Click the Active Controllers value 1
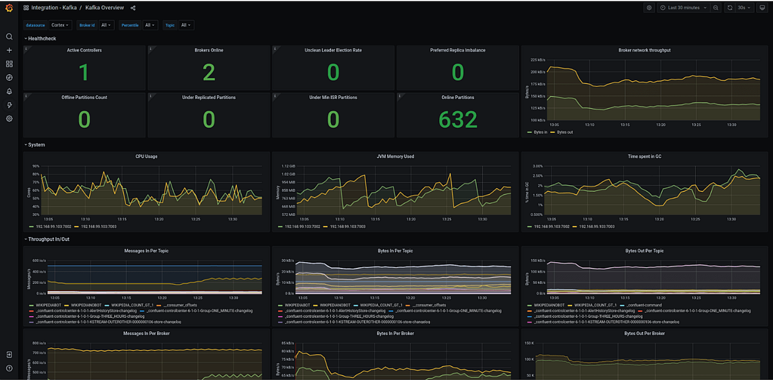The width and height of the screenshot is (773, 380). click(x=84, y=72)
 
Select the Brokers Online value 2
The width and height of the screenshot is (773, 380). click(x=209, y=72)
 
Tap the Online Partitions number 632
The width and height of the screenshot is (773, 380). click(x=457, y=119)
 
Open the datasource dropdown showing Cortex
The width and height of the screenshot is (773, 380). click(x=61, y=25)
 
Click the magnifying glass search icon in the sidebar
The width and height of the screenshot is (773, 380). click(x=9, y=37)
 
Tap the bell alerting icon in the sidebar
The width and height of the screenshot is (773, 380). click(x=9, y=91)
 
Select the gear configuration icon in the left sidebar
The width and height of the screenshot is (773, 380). click(x=9, y=119)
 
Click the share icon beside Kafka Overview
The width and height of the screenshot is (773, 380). click(x=133, y=8)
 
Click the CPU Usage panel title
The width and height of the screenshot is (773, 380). click(x=146, y=156)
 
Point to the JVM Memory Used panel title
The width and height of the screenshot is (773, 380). click(x=395, y=156)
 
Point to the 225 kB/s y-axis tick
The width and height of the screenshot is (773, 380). click(x=539, y=59)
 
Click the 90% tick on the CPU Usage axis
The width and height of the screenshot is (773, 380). click(x=35, y=166)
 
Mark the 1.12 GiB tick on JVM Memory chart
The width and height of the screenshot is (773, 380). click(x=287, y=166)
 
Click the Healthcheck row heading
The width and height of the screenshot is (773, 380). click(x=42, y=39)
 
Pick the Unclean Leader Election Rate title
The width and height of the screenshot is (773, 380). click(x=333, y=50)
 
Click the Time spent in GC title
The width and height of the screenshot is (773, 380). click(x=644, y=156)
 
